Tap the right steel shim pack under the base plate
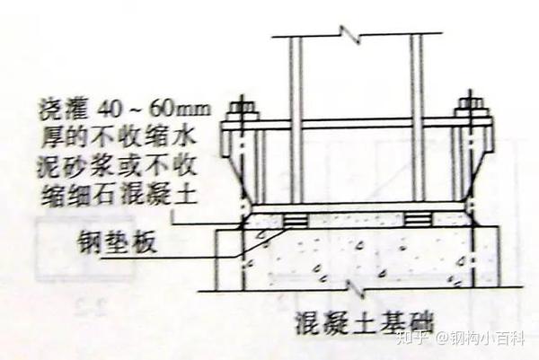coord(419,219)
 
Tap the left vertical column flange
coord(295,117)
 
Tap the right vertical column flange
coord(416,117)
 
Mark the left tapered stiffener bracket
coord(244,171)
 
